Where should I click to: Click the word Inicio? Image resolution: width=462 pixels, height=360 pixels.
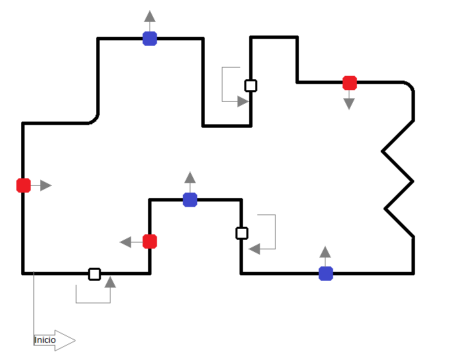tap(45, 340)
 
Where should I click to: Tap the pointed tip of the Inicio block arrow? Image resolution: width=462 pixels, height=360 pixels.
tap(76, 340)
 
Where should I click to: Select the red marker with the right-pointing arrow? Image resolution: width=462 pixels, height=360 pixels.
tap(24, 185)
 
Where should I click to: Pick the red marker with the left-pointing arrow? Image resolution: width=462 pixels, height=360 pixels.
tap(149, 242)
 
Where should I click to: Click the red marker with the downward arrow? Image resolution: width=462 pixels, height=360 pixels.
tap(349, 83)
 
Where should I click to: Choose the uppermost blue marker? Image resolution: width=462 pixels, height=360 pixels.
tap(149, 39)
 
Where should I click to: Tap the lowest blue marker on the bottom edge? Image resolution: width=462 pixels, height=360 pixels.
tap(326, 274)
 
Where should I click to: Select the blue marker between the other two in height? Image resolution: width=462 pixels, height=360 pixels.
tap(190, 200)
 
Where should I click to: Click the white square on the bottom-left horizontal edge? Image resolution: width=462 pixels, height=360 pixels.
tap(95, 274)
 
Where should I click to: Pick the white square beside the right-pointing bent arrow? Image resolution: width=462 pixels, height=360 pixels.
tap(250, 85)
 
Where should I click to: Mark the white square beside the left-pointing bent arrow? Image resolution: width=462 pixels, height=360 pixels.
tap(242, 233)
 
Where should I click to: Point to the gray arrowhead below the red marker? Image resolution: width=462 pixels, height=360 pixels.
tap(349, 104)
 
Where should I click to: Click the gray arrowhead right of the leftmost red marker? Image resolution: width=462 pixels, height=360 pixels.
tap(46, 185)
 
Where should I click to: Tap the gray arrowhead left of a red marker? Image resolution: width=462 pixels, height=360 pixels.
tap(126, 242)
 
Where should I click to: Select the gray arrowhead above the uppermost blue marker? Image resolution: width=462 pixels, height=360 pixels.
tap(149, 16)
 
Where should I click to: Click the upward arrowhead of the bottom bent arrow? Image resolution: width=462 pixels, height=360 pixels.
tap(110, 282)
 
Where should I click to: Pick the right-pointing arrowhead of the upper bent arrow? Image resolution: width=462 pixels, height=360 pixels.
tap(244, 101)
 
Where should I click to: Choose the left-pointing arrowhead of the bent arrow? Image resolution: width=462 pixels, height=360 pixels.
tap(255, 249)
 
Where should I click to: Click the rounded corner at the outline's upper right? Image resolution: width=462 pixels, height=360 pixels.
tap(410, 85)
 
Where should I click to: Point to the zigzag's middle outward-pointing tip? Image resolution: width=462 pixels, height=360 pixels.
tap(413, 181)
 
